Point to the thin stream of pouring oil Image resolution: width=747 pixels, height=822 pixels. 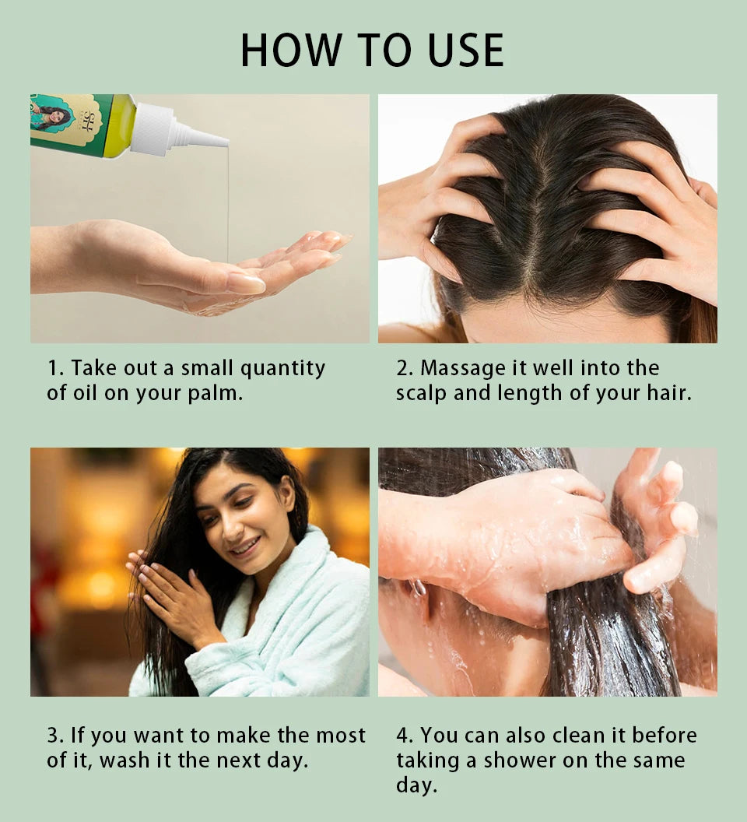click(228, 202)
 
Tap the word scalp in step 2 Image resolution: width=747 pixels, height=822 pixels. click(421, 393)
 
